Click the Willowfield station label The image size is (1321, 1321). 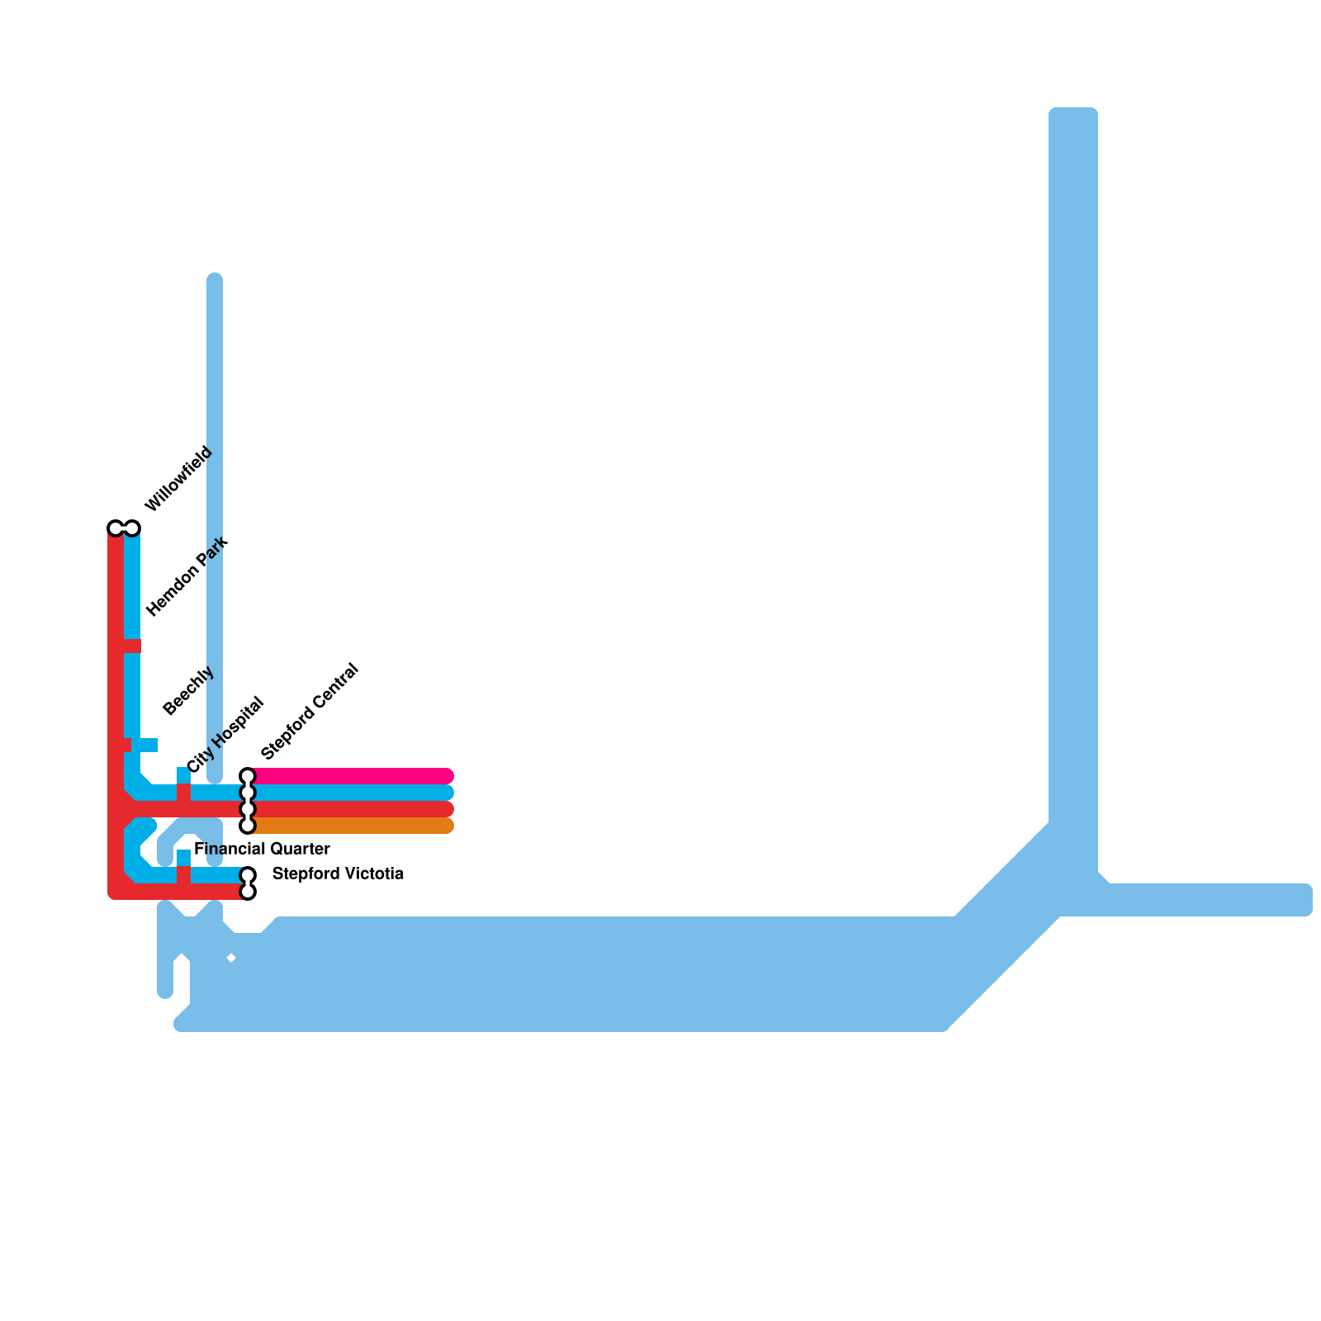point(178,479)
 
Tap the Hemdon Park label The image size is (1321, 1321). point(187,576)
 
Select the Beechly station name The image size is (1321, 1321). point(188,690)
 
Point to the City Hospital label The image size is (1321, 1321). point(225,735)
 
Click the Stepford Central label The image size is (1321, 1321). point(310,711)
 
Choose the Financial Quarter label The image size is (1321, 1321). point(262,849)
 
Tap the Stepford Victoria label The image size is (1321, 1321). point(338,874)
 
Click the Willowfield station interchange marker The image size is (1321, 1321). point(124,528)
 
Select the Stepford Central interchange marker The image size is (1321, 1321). point(247,801)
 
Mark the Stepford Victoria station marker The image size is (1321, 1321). point(247,883)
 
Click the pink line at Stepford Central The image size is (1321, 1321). point(355,776)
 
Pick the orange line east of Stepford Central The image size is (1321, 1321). point(355,826)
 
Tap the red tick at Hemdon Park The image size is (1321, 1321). point(132,646)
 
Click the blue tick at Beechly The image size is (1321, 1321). point(145,745)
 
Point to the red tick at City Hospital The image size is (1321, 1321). point(183,792)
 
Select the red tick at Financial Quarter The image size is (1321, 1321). point(183,875)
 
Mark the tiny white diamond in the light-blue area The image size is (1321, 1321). point(231,958)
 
